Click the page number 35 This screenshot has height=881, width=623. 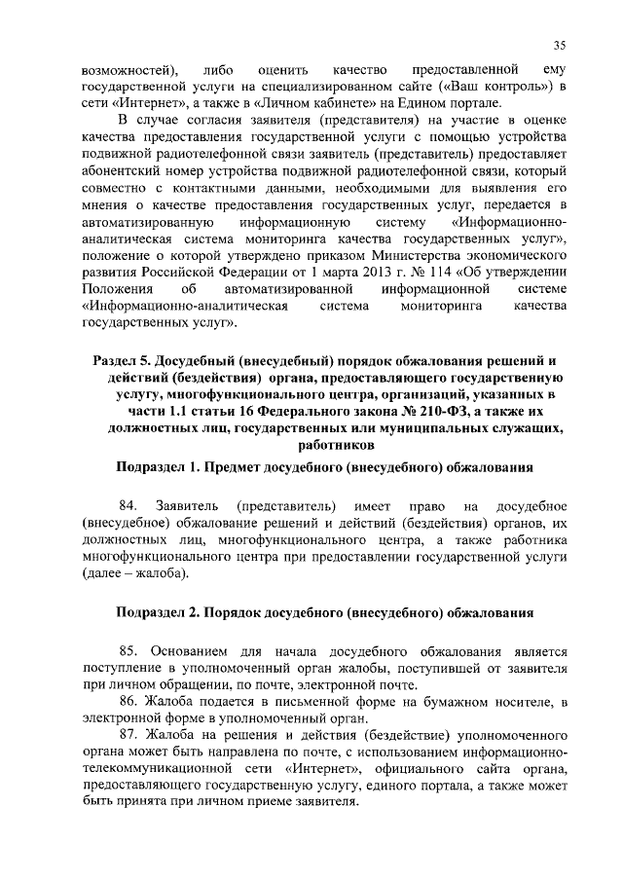coord(560,45)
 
